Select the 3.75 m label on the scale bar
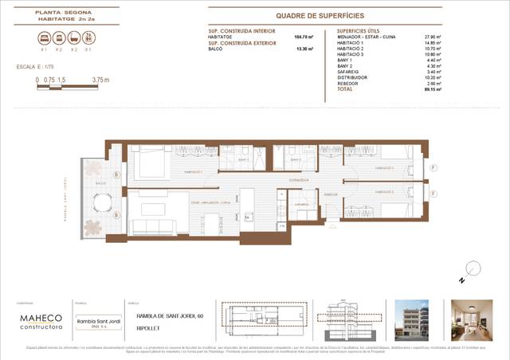tap(100, 80)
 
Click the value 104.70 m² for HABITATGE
tap(304, 37)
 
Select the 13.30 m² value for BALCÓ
tap(304, 48)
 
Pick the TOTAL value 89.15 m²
tap(433, 90)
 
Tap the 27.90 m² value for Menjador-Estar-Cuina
tap(433, 37)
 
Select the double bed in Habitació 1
tap(147, 165)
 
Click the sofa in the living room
tap(151, 225)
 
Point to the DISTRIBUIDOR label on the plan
tap(299, 181)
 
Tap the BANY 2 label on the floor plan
tap(302, 159)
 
